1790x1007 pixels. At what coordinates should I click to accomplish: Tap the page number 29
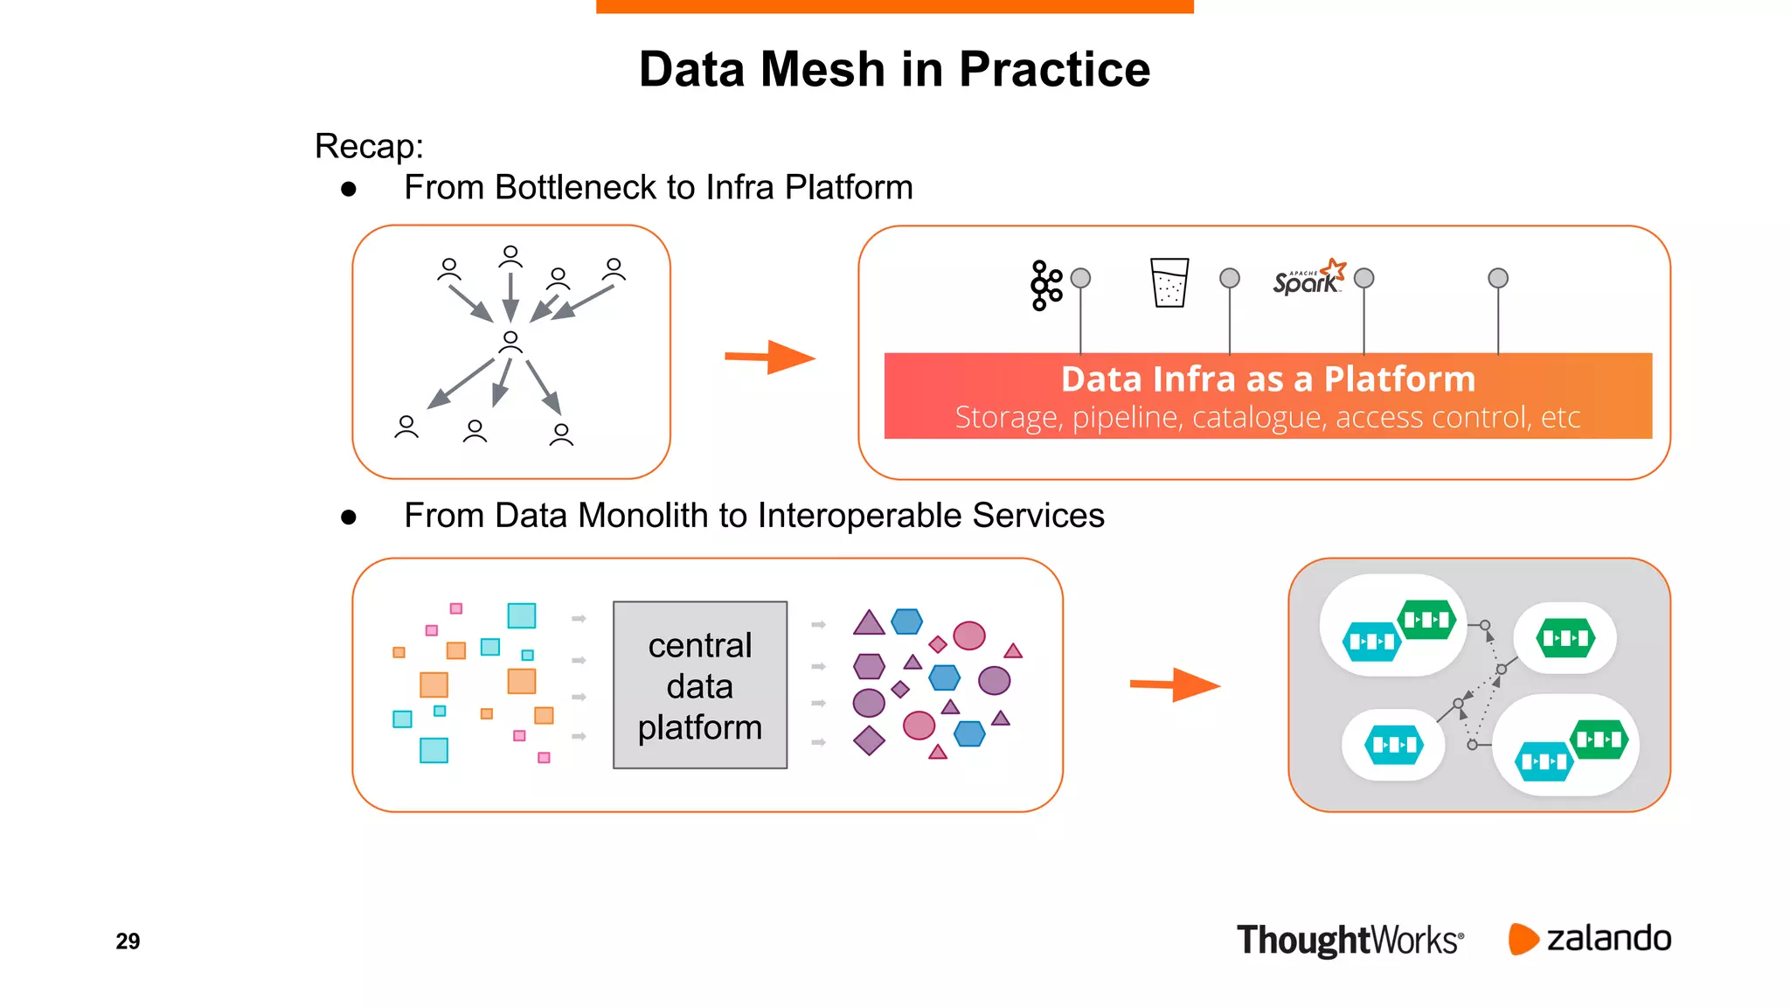pos(128,941)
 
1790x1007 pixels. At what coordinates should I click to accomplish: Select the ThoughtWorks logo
pos(1349,941)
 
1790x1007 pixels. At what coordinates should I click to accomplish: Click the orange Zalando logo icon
pos(1523,939)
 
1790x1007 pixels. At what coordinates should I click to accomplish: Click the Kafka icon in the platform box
pos(1045,285)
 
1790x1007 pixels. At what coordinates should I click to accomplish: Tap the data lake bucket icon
pos(1169,282)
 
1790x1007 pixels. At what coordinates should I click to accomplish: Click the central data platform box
pos(700,685)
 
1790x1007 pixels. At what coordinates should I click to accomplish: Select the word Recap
pos(368,146)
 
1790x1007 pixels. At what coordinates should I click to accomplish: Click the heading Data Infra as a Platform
pos(1267,379)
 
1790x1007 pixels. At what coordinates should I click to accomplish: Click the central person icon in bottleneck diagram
pos(510,342)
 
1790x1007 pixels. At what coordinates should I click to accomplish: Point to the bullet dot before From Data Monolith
pos(349,517)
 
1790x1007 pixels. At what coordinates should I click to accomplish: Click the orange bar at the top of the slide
pos(894,6)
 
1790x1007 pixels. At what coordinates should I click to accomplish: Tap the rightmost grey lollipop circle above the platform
pos(1497,278)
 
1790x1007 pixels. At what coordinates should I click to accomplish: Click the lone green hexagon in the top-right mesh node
pos(1565,638)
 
